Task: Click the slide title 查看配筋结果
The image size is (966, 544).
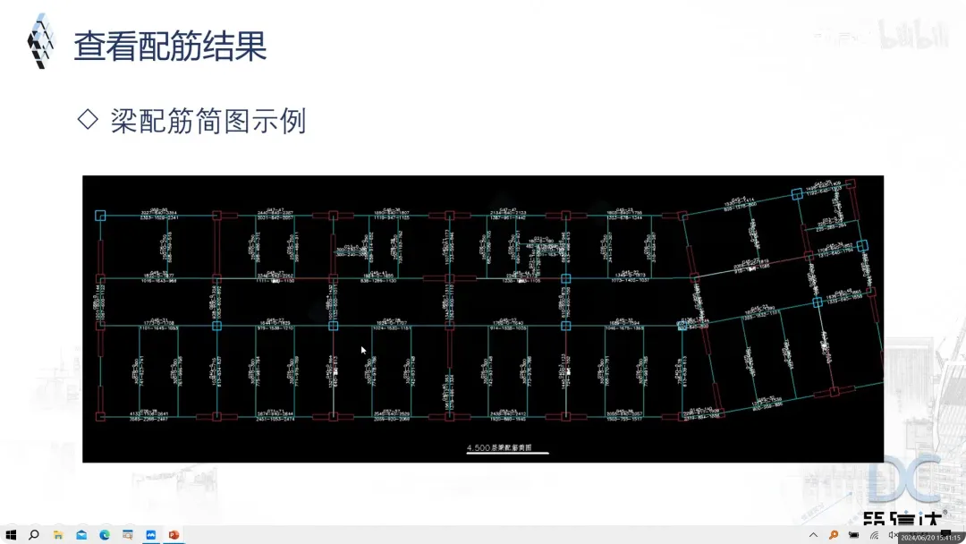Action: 170,46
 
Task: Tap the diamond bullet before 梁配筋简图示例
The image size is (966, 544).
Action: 88,119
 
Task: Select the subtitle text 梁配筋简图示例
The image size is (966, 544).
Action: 208,121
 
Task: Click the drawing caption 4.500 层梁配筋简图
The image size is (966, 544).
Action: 506,447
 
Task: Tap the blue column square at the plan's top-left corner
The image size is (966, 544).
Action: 100,215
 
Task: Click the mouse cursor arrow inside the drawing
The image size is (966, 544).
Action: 363,350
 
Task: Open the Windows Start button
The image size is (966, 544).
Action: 11,535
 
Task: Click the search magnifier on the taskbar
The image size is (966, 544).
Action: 34,535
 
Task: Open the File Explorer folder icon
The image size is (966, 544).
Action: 58,535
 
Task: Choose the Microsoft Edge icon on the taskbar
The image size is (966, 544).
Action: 105,535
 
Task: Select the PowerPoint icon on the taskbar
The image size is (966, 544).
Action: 174,535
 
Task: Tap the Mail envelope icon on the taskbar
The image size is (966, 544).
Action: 81,535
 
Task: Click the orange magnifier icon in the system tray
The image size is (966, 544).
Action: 834,535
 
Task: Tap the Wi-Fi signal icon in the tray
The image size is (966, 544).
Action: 874,535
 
